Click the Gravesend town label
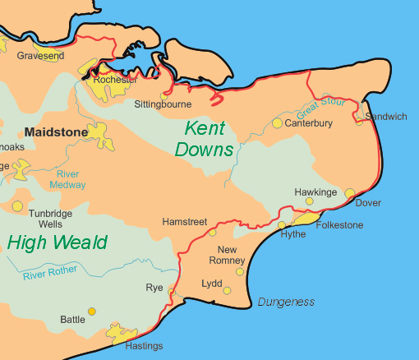point(40,56)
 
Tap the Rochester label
point(115,80)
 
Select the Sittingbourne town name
point(163,104)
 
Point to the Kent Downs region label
point(204,138)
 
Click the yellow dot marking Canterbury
point(277,123)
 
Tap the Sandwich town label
point(385,117)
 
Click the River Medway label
point(70,179)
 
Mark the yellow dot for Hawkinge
point(310,201)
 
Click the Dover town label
point(368,203)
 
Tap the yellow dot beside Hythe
point(282,224)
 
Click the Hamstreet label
point(186,223)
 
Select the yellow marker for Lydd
point(227,290)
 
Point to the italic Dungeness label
point(286,302)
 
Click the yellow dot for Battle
point(91,312)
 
